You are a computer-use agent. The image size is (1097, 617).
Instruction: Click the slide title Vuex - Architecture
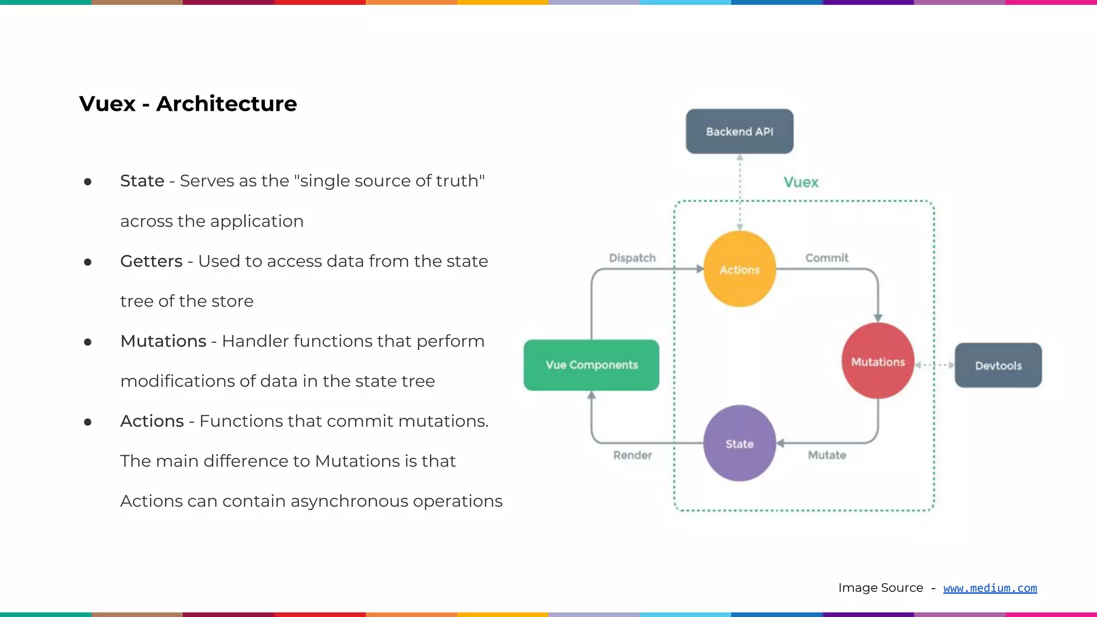(x=187, y=103)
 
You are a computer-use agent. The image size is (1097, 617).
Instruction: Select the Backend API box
(x=739, y=131)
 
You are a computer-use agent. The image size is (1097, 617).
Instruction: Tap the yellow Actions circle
(x=739, y=269)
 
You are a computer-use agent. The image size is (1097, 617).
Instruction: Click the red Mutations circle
(x=877, y=362)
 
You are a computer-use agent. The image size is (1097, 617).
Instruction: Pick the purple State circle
(x=739, y=443)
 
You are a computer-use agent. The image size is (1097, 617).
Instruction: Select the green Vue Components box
(x=591, y=365)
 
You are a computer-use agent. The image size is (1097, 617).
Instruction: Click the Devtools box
(x=998, y=365)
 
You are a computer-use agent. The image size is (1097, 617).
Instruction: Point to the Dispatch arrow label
(x=632, y=258)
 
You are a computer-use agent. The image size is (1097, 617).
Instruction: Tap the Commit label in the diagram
(x=826, y=258)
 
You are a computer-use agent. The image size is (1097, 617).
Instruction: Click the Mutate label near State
(x=826, y=455)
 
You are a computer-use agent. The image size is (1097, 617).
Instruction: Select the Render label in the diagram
(x=632, y=455)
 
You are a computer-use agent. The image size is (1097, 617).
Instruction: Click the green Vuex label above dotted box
(x=801, y=182)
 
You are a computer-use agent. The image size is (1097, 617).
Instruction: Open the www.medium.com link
(x=990, y=588)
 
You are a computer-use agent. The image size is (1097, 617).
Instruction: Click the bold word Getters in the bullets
(x=151, y=261)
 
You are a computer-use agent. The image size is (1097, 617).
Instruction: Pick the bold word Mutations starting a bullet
(x=163, y=341)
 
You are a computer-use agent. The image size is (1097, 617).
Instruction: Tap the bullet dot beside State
(x=88, y=182)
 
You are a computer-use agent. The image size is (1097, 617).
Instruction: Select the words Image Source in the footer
(x=881, y=588)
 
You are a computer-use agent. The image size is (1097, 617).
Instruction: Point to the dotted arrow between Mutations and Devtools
(x=934, y=365)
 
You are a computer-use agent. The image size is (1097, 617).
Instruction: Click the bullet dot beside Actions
(x=88, y=422)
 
